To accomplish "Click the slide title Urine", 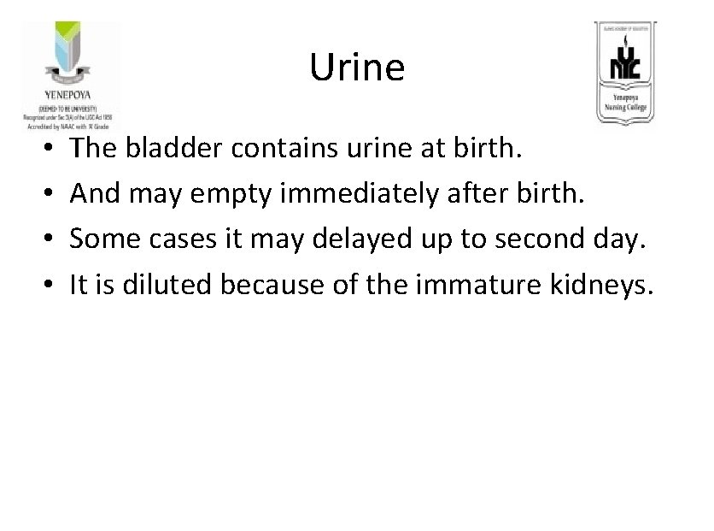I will (x=356, y=67).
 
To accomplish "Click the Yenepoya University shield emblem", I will (x=69, y=55).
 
